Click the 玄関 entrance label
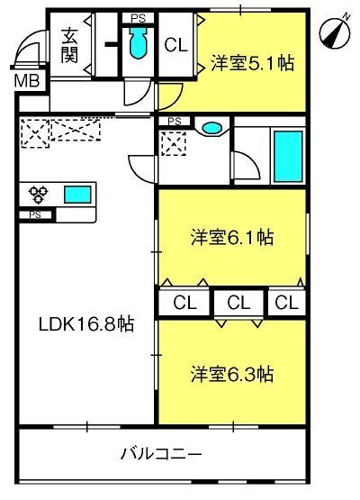point(70,46)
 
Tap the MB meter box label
point(27,81)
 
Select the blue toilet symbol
point(138,43)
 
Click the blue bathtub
point(288,156)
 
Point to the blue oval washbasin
point(211,128)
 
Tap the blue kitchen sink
point(77,195)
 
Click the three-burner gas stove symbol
point(38,195)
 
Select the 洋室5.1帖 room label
point(252,63)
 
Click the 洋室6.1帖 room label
point(232,237)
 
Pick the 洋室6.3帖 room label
point(232,375)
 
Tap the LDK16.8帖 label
point(86,324)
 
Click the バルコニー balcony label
point(161,453)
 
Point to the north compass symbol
point(335,32)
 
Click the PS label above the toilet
point(139,18)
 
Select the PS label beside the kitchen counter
point(35,215)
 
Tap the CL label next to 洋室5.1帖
point(175,45)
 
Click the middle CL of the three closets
point(238,303)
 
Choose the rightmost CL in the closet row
point(286,303)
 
